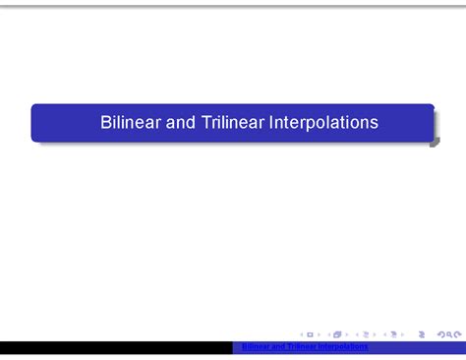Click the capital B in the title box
pos(106,123)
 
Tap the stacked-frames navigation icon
pos(337,334)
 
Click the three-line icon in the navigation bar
pos(422,334)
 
